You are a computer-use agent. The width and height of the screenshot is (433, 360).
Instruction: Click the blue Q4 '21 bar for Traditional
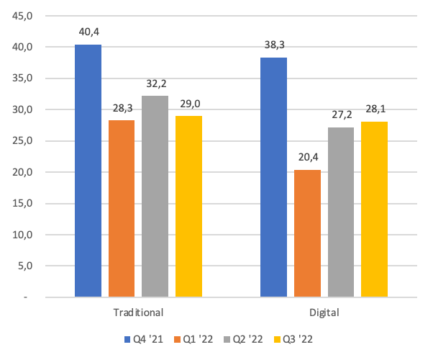88,171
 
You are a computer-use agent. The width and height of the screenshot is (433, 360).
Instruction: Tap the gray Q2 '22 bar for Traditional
155,196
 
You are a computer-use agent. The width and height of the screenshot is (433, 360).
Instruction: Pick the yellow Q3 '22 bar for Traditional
188,206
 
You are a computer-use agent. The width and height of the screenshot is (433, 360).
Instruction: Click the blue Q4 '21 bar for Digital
273,177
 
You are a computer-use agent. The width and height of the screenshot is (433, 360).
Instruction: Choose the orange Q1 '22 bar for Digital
307,233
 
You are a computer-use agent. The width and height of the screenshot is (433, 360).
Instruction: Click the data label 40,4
88,32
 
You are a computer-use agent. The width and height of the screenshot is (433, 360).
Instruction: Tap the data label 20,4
307,158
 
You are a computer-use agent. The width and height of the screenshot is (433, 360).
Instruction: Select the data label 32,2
155,84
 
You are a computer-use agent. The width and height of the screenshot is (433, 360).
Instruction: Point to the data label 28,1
374,109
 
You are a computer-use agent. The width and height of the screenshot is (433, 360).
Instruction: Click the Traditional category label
138,313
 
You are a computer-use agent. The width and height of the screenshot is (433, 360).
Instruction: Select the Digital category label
324,313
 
